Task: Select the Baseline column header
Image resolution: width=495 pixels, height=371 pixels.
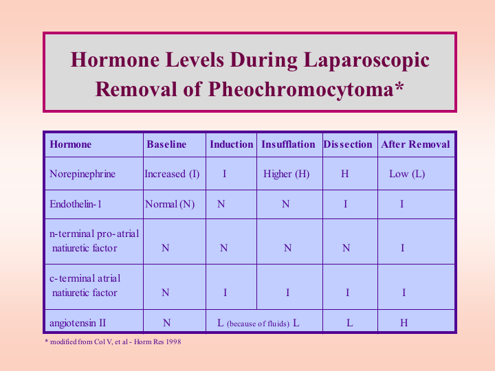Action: click(x=166, y=144)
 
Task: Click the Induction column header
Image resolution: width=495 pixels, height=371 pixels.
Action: click(x=232, y=144)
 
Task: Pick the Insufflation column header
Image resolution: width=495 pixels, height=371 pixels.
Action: click(x=288, y=144)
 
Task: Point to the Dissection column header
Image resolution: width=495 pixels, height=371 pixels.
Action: click(x=348, y=144)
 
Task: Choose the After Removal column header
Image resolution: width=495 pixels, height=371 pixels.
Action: click(x=415, y=144)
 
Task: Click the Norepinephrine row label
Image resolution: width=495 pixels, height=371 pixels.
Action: click(x=82, y=174)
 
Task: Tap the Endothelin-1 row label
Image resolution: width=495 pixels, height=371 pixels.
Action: click(x=76, y=204)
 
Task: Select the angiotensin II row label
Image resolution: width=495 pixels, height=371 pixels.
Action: click(x=78, y=323)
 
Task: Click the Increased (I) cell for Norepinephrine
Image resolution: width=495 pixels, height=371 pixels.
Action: click(x=172, y=174)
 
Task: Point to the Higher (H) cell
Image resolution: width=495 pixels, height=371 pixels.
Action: click(x=286, y=174)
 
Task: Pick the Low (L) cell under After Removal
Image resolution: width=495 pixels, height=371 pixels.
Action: click(x=407, y=174)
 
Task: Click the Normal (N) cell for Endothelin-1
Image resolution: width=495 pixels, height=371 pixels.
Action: click(x=170, y=205)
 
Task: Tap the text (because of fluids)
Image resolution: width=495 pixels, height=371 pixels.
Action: click(x=258, y=324)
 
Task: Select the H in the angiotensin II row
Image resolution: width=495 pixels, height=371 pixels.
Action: click(x=404, y=323)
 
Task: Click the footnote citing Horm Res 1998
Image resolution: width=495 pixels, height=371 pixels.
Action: click(x=113, y=341)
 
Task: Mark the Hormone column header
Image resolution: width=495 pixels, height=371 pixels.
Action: click(x=70, y=144)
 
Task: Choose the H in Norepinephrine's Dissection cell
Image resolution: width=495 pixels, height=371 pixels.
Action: click(x=344, y=174)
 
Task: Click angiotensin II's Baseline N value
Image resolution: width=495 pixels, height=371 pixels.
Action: click(x=166, y=323)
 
